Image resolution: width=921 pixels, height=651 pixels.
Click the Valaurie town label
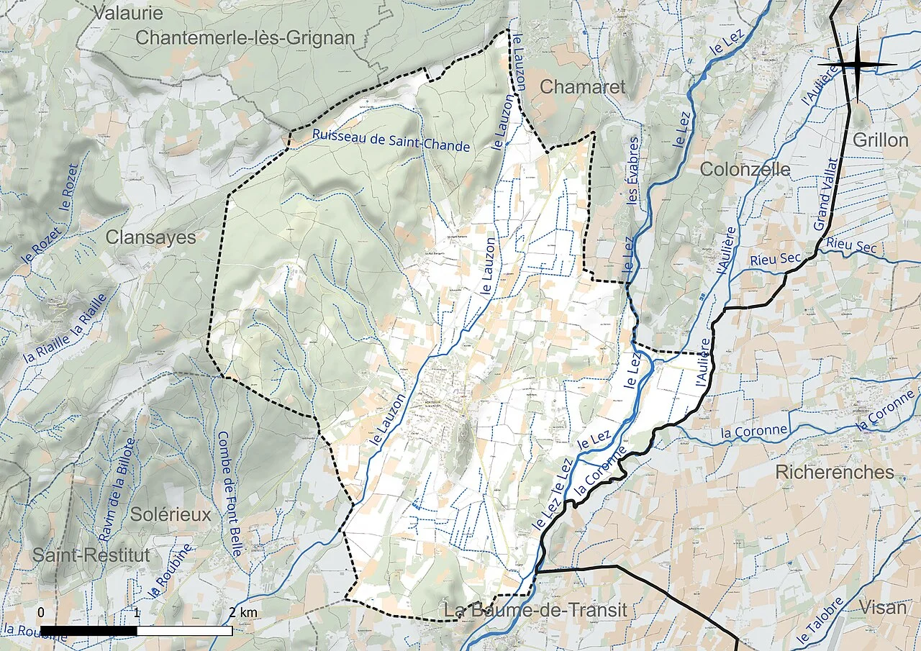coord(129,13)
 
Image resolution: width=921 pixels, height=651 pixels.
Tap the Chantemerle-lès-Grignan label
coord(245,38)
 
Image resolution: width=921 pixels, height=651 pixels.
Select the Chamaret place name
coord(583,87)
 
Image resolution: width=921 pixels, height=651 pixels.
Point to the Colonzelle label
coord(745,170)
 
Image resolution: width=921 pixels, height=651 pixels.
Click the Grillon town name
coord(880,140)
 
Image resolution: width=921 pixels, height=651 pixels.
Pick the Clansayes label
coord(151,237)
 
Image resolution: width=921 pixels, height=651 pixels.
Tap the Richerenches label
coord(835,473)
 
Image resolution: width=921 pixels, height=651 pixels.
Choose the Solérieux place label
coord(171,515)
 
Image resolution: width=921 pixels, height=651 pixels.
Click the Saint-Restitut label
coord(91,555)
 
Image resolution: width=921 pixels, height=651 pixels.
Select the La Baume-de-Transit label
coord(535,611)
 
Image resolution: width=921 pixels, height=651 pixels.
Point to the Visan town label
coord(883,607)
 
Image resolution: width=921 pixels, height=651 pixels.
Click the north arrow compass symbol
coord(857,65)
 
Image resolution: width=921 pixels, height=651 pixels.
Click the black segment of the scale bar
coord(89,631)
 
